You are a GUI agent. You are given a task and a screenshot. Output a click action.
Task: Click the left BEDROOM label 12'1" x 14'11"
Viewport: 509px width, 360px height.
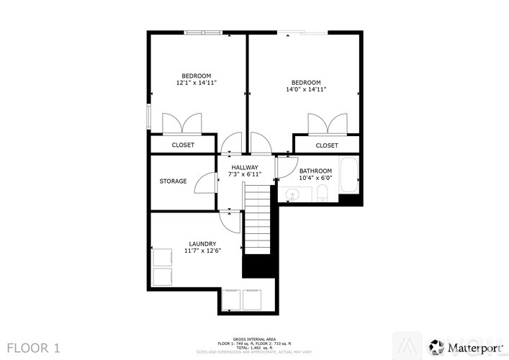click(196, 79)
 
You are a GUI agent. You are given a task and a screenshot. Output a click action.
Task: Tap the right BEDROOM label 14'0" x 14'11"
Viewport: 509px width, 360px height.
click(306, 86)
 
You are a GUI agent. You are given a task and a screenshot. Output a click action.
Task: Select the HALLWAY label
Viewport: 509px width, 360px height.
click(244, 171)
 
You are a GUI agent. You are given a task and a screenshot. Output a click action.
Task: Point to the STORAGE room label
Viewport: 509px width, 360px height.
click(173, 181)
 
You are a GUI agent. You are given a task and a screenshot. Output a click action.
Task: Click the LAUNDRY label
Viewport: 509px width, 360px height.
click(202, 247)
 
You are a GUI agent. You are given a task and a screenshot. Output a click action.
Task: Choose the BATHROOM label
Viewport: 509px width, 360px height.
click(315, 174)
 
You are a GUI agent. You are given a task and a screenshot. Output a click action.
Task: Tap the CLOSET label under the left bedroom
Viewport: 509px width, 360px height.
click(183, 145)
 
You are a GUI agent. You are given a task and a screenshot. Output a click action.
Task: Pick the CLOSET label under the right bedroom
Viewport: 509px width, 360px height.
click(327, 145)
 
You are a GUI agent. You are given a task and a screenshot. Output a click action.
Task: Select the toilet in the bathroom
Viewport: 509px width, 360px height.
click(323, 192)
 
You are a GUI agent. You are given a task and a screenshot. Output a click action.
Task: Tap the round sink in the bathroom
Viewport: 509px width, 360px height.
click(292, 194)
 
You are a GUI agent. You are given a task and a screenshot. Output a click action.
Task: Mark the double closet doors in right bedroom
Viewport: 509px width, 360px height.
click(328, 124)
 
